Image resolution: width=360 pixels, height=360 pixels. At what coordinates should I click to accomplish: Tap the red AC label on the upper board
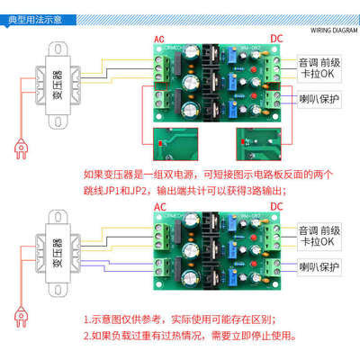click(x=160, y=39)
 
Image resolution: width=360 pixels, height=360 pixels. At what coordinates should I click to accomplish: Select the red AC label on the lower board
click(x=160, y=206)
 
